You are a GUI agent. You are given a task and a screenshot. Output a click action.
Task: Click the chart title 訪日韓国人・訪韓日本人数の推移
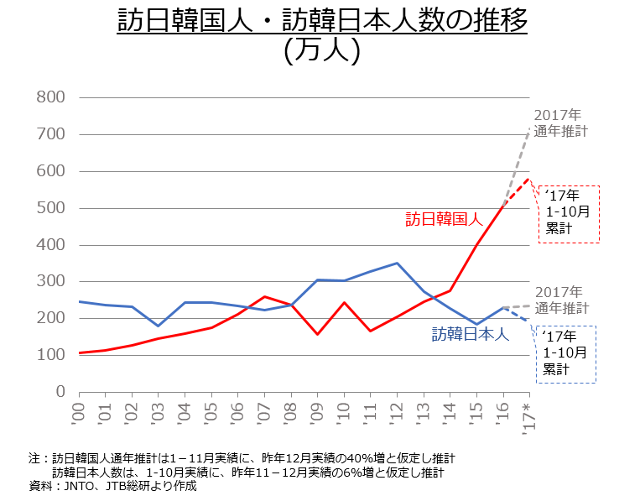click(322, 20)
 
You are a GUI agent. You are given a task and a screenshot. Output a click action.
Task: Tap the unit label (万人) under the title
click(322, 50)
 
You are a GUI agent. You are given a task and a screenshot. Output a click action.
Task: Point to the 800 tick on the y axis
click(52, 97)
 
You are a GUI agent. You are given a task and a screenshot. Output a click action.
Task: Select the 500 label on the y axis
click(52, 208)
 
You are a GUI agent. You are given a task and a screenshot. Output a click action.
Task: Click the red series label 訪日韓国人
click(444, 220)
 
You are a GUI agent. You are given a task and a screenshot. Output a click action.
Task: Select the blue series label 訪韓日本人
click(471, 334)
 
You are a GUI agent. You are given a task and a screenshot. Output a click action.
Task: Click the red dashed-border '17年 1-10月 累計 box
click(568, 213)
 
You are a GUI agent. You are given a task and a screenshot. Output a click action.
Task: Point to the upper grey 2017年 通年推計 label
click(560, 123)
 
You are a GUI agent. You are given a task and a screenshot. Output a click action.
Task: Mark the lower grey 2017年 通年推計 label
click(561, 300)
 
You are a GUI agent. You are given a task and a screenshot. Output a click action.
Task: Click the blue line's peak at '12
click(397, 264)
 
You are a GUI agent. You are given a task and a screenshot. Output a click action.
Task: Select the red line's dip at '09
click(318, 334)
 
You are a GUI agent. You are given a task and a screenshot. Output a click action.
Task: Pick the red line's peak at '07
click(264, 296)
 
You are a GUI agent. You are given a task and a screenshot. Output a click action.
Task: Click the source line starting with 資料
click(112, 485)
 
